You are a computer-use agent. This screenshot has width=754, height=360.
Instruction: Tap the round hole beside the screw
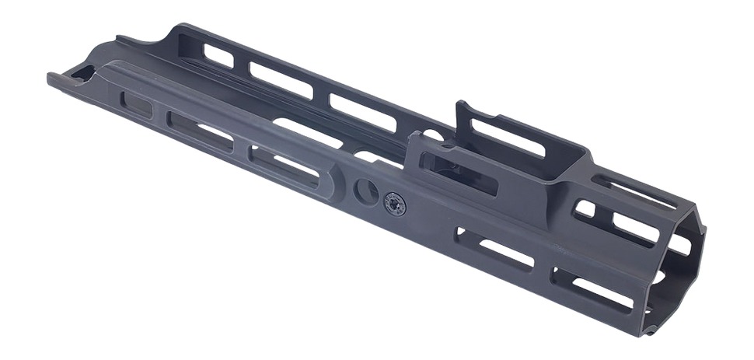(x=366, y=190)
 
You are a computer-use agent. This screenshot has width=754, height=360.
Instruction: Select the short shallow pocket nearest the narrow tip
(x=138, y=105)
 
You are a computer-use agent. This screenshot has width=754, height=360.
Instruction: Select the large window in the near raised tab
(x=459, y=173)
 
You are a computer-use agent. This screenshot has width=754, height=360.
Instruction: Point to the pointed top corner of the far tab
(x=459, y=103)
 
